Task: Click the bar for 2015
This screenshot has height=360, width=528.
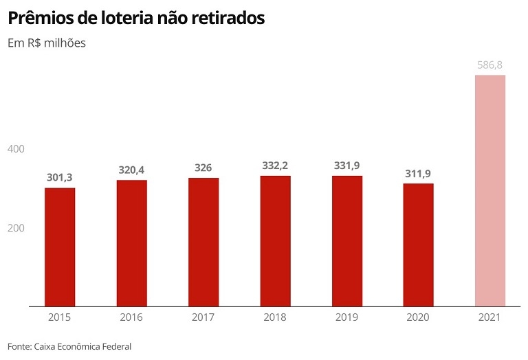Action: pyautogui.click(x=60, y=247)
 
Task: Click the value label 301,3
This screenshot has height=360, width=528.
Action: pyautogui.click(x=60, y=177)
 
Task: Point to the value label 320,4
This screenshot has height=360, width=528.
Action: pyautogui.click(x=131, y=170)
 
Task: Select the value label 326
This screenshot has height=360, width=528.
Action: pyautogui.click(x=203, y=168)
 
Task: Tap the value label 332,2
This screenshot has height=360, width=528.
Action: pyautogui.click(x=275, y=166)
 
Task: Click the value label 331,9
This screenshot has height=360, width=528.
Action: pyautogui.click(x=346, y=166)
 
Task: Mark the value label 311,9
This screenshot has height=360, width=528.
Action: pyautogui.click(x=418, y=173)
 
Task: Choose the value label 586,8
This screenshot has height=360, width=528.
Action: pyautogui.click(x=490, y=65)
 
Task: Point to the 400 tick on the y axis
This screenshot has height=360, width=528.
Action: pyautogui.click(x=16, y=149)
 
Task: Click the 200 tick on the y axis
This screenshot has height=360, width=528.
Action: pyautogui.click(x=16, y=228)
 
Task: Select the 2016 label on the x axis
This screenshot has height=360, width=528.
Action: pyautogui.click(x=131, y=317)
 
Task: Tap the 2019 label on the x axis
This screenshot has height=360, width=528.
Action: pyautogui.click(x=346, y=317)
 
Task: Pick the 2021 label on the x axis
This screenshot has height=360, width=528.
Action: pyautogui.click(x=490, y=317)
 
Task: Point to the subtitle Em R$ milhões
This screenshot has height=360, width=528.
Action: pyautogui.click(x=47, y=43)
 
